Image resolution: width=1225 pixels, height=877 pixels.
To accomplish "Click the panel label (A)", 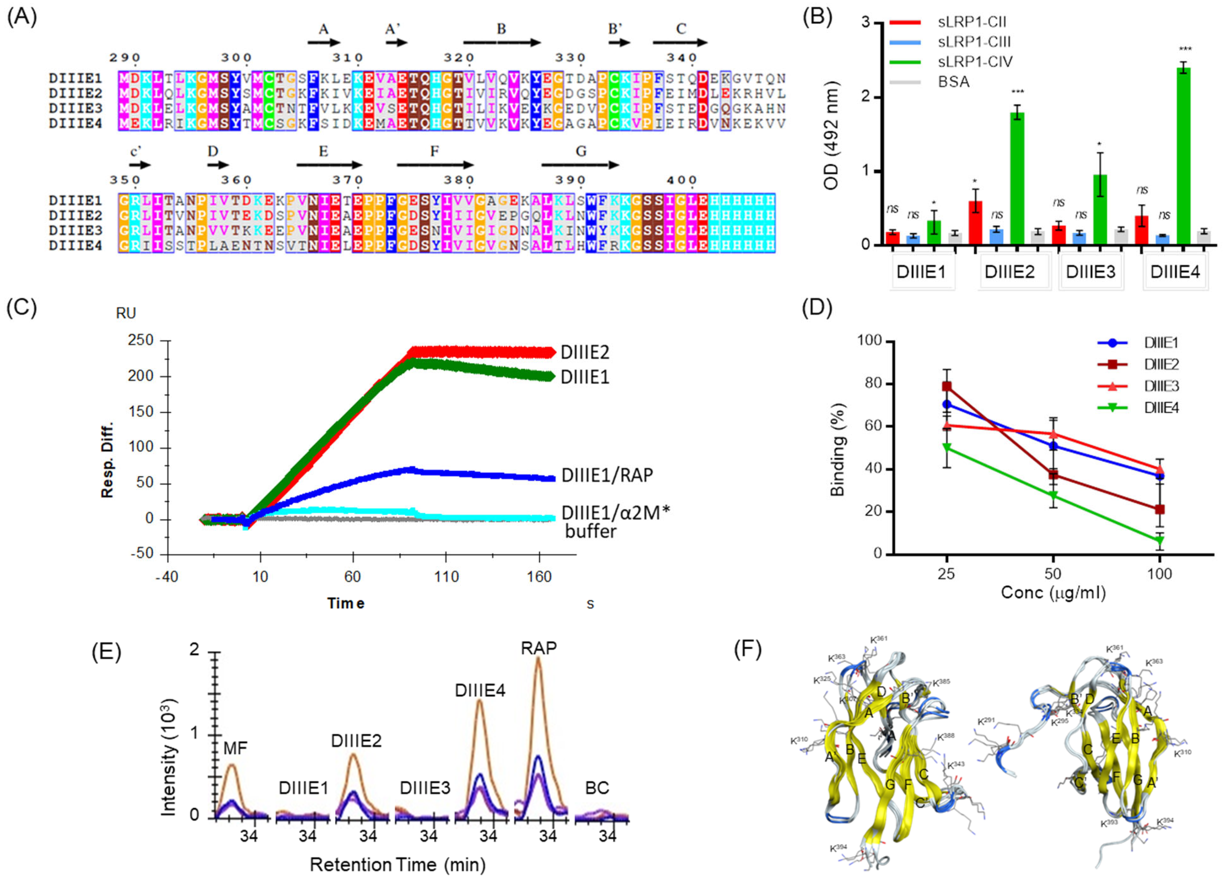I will point(22,18).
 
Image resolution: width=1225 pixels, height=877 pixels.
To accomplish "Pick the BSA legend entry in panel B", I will point(954,82).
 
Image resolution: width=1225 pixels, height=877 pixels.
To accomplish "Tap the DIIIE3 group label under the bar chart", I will point(1090,272).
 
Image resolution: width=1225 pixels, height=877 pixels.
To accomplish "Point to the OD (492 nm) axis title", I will point(832,135).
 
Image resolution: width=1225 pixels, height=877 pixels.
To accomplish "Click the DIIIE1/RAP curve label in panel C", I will point(607,475).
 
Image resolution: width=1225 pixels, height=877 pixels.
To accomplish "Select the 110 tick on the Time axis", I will point(446,577).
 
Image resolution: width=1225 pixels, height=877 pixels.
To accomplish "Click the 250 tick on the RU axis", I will point(140,340).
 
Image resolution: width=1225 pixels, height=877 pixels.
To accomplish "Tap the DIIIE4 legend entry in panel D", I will point(1161,408).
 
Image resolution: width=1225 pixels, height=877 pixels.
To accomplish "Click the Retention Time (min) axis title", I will point(397,864).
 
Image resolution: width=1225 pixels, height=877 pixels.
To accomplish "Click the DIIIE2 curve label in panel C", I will point(585,352).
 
